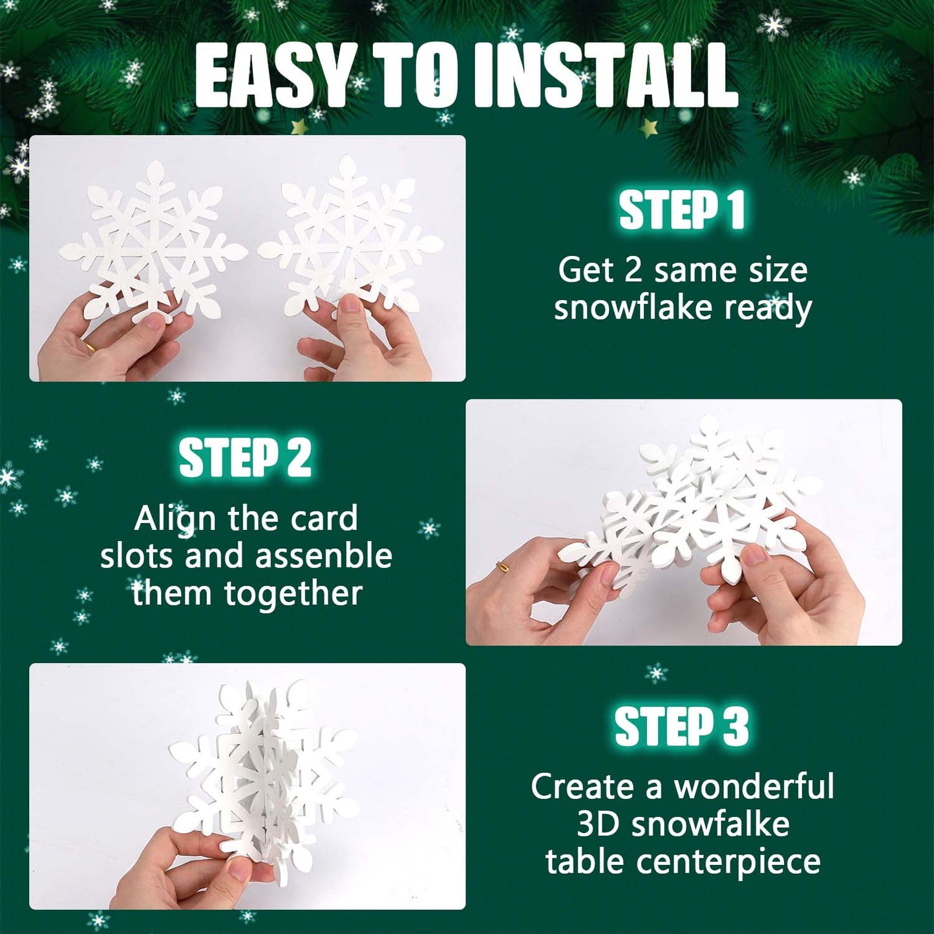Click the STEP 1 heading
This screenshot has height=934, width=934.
pos(683,210)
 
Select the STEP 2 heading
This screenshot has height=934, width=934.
pos(245,457)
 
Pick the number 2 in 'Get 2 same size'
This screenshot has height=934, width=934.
pos(633,270)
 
